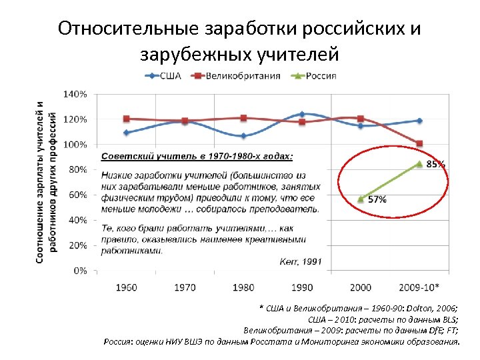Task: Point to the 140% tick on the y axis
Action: [74, 94]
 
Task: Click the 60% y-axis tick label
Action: [77, 195]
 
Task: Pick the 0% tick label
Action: [79, 271]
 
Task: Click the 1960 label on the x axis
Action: [127, 287]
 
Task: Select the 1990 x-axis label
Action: [302, 287]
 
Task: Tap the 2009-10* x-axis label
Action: [418, 287]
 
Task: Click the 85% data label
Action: [435, 163]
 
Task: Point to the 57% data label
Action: [377, 199]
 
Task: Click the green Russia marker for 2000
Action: [361, 199]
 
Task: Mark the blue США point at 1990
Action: [302, 115]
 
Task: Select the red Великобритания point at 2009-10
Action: [419, 143]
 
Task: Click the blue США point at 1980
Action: [243, 136]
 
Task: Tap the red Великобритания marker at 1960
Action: [127, 119]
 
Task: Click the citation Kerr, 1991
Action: [301, 261]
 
